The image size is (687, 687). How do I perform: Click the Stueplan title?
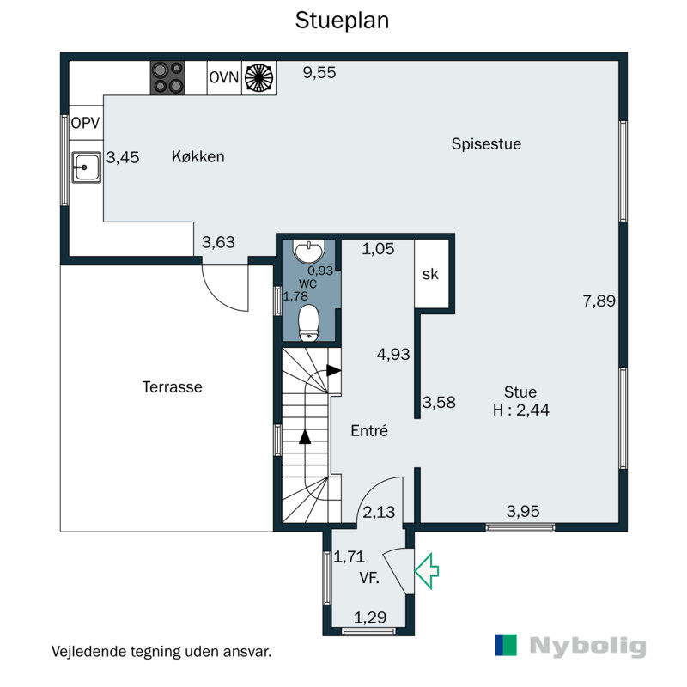pyautogui.click(x=342, y=21)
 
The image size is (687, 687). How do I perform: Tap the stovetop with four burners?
pyautogui.click(x=167, y=78)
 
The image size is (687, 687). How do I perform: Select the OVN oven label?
pyautogui.click(x=224, y=77)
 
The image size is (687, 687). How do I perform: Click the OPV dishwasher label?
pyautogui.click(x=85, y=123)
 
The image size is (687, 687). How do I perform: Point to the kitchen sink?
pyautogui.click(x=87, y=167)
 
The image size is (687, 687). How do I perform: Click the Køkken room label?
pyautogui.click(x=198, y=156)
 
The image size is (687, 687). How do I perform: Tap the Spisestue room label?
pyautogui.click(x=486, y=144)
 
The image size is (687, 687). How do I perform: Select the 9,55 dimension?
pyautogui.click(x=319, y=72)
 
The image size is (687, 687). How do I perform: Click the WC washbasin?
pyautogui.click(x=309, y=252)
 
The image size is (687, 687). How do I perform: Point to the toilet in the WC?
pyautogui.click(x=309, y=323)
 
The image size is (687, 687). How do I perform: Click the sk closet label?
pyautogui.click(x=430, y=274)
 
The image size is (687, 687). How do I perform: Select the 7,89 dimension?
pyautogui.click(x=599, y=301)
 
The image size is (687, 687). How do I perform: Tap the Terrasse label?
pyautogui.click(x=173, y=387)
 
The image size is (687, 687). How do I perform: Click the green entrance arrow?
pyautogui.click(x=427, y=570)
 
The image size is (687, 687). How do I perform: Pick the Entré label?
pyautogui.click(x=369, y=431)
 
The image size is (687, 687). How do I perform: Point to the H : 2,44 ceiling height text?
pyautogui.click(x=521, y=410)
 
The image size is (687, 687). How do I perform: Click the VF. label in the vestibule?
pyautogui.click(x=369, y=578)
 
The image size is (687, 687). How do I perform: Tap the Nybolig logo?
pyautogui.click(x=570, y=646)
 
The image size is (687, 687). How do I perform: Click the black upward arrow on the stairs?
pyautogui.click(x=305, y=437)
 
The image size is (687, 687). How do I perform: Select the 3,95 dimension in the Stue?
pyautogui.click(x=523, y=511)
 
